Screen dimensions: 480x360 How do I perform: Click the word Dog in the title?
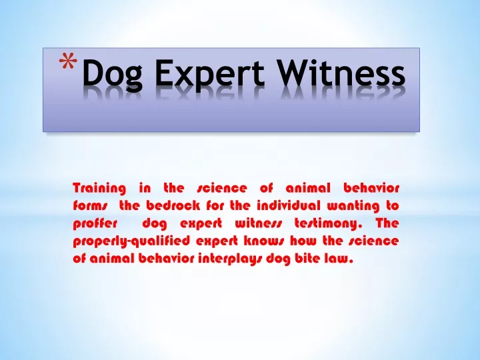pos(113,74)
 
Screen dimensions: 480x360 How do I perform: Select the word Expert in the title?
pos(210,74)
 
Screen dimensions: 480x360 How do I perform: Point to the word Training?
pos(99,188)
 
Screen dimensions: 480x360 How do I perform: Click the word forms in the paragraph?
pos(90,205)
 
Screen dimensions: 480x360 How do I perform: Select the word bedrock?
pos(173,205)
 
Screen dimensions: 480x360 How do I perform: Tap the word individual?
pos(289,205)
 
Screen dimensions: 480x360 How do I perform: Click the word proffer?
pos(95,224)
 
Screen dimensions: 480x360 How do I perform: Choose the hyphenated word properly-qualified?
pos(131,241)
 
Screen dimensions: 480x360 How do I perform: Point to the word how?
pos(303,241)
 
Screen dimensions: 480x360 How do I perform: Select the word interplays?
pos(230,259)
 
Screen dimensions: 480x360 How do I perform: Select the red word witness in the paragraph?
pos(258,223)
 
